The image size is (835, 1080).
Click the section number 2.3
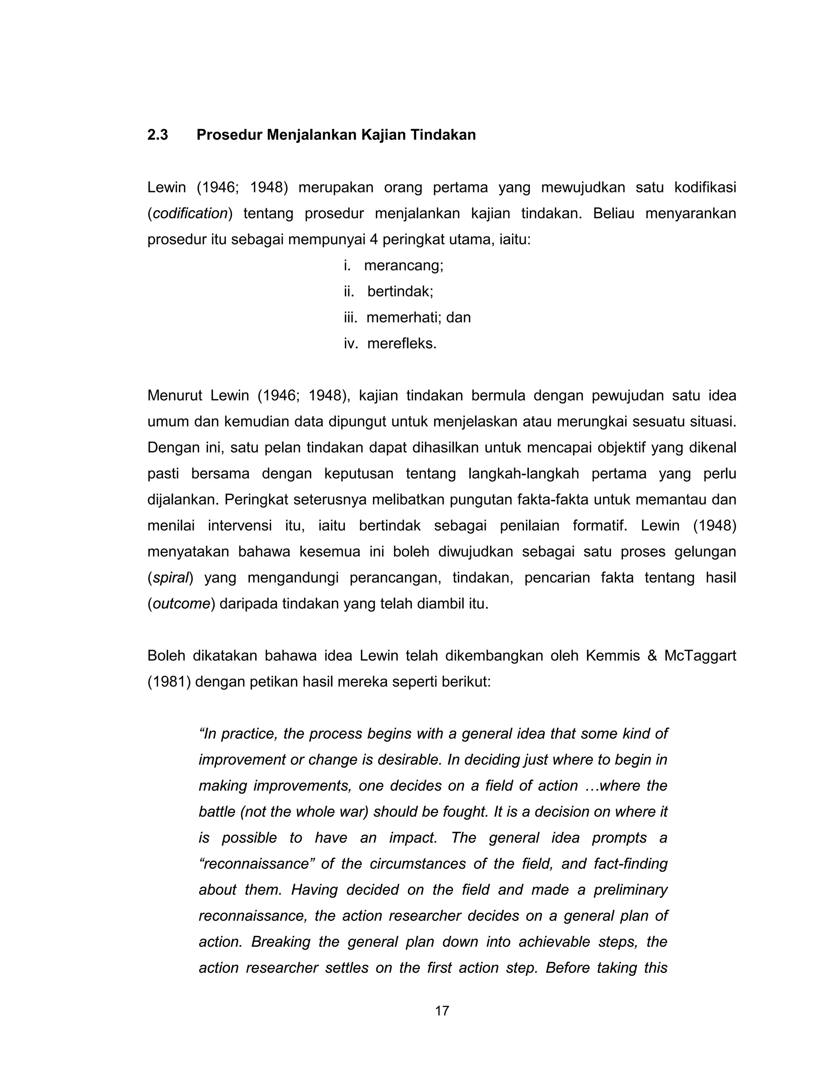click(157, 135)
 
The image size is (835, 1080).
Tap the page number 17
click(442, 1011)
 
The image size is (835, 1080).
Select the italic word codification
click(190, 214)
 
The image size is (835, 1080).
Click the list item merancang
click(403, 266)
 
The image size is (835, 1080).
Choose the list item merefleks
click(402, 344)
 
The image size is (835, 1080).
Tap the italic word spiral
click(171, 577)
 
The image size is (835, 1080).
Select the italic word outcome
click(181, 604)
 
